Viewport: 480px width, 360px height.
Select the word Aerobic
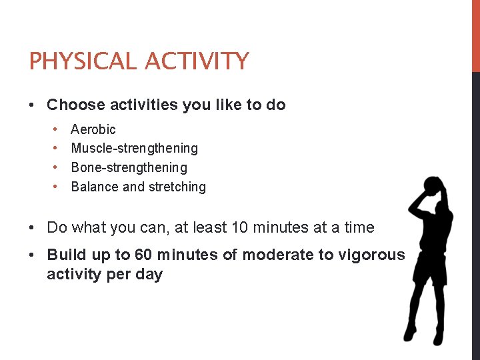pyautogui.click(x=93, y=129)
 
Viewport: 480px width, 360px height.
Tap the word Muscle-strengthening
pyautogui.click(x=134, y=148)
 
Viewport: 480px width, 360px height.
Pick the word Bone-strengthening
pyautogui.click(x=129, y=167)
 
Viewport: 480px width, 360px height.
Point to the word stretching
pyautogui.click(x=176, y=187)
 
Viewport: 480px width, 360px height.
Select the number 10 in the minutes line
pyautogui.click(x=239, y=227)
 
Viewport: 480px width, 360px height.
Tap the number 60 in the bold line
pyautogui.click(x=144, y=255)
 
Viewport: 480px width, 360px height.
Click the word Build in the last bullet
pyautogui.click(x=65, y=255)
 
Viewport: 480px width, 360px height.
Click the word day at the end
pyautogui.click(x=148, y=275)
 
